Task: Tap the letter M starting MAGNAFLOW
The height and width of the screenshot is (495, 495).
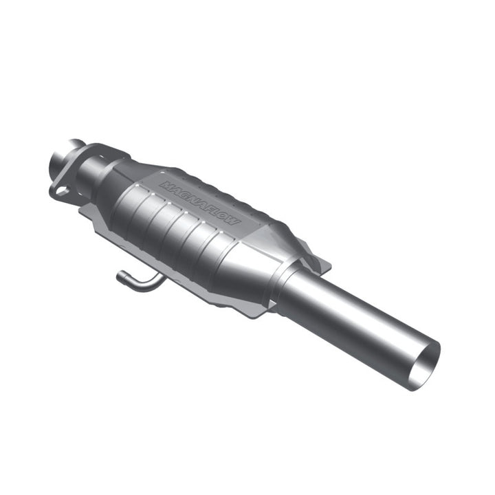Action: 165,185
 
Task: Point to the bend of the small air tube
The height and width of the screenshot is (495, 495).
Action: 137,283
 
